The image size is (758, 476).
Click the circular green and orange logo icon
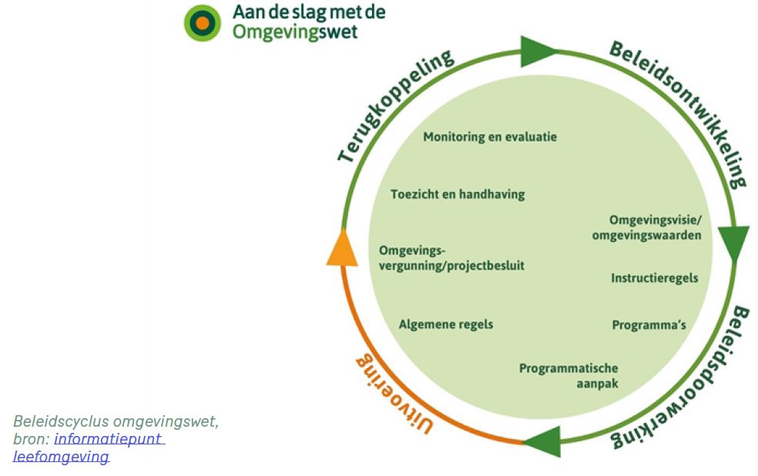point(202,22)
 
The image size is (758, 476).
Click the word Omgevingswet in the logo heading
point(295,32)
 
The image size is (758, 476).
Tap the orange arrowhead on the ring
point(342,249)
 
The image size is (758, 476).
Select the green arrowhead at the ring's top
point(537,52)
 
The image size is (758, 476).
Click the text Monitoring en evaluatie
point(490,137)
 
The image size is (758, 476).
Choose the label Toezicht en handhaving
point(457,194)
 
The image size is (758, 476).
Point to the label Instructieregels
point(654,277)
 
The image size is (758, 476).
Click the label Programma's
point(649,324)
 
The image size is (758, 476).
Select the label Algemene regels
point(445,324)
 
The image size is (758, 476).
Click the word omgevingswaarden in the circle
point(646,235)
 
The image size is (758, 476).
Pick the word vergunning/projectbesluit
point(451,266)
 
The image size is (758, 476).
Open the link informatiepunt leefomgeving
point(108,439)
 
